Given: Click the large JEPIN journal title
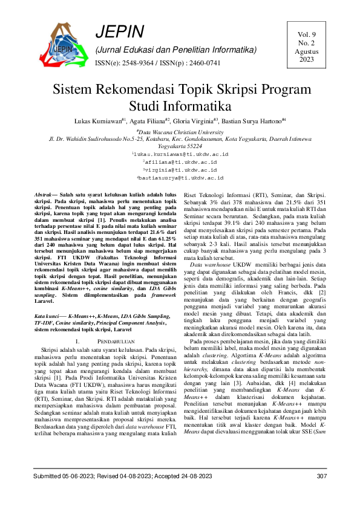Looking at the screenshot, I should click(120, 32).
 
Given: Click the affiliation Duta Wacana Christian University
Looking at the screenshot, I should click(180, 131).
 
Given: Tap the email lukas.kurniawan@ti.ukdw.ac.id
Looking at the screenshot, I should click(180, 155).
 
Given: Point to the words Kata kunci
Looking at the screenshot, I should click(48, 316).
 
